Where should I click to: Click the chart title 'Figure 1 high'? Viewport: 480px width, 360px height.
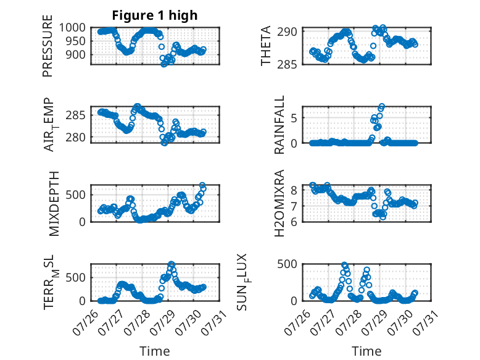click(x=155, y=15)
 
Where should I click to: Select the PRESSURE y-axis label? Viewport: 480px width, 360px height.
click(x=48, y=46)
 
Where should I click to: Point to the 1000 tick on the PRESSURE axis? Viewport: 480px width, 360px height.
click(x=72, y=28)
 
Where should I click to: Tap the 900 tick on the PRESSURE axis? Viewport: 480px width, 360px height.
click(x=76, y=54)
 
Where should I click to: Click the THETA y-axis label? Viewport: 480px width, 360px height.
click(x=265, y=46)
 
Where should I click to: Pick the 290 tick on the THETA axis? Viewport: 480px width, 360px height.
click(x=287, y=31)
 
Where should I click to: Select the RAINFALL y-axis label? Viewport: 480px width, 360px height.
click(x=279, y=124)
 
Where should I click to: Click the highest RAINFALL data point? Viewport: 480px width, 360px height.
click(x=381, y=107)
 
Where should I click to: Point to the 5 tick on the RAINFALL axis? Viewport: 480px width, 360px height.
click(x=294, y=118)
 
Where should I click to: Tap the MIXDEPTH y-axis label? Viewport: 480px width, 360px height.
click(x=54, y=203)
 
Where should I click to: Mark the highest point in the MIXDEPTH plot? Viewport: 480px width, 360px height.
click(x=202, y=185)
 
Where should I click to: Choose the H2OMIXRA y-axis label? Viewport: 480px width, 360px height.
click(x=279, y=203)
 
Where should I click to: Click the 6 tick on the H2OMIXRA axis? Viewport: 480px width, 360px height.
click(x=294, y=222)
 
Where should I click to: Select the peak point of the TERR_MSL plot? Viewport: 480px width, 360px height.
click(x=172, y=264)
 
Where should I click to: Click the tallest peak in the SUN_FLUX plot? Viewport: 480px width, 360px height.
click(x=344, y=265)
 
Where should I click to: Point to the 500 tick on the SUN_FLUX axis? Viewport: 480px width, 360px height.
click(x=287, y=264)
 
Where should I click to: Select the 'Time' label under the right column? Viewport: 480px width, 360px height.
click(x=366, y=351)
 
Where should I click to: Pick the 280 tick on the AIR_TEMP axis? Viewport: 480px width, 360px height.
click(x=76, y=138)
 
